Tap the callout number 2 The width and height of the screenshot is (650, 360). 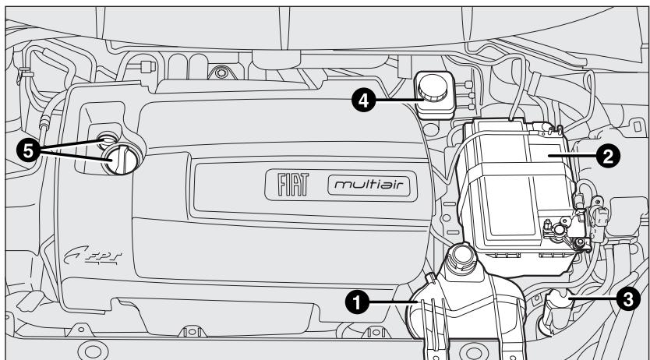(608, 155)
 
